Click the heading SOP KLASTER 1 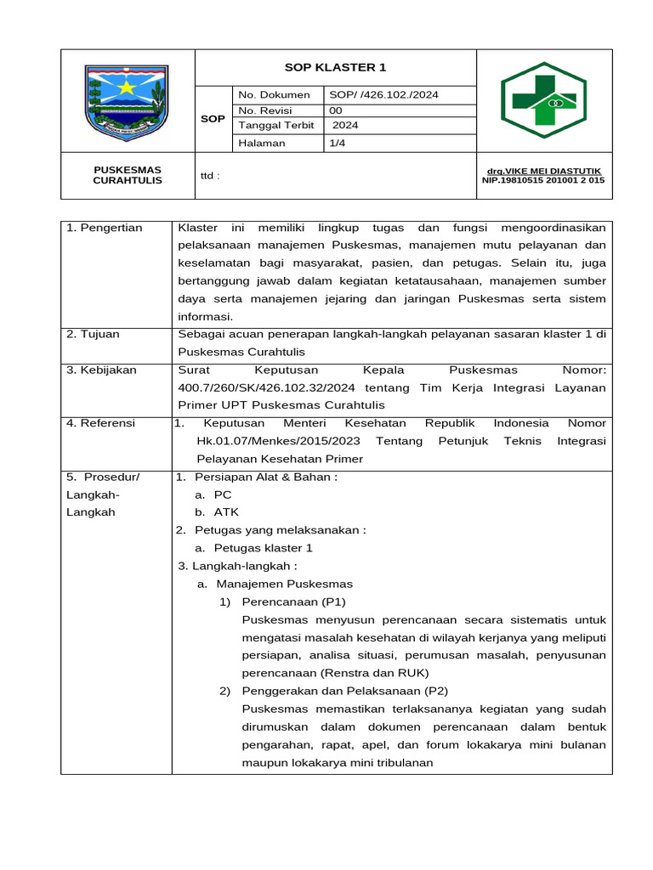click(334, 68)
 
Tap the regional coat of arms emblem click(127, 99)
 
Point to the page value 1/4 click(337, 144)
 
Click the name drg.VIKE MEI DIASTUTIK click(542, 171)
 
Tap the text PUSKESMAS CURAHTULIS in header click(128, 175)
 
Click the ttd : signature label click(210, 176)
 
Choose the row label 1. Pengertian click(105, 228)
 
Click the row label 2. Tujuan click(94, 334)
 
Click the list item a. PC click(213, 494)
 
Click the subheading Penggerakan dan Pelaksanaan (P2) click(344, 691)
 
